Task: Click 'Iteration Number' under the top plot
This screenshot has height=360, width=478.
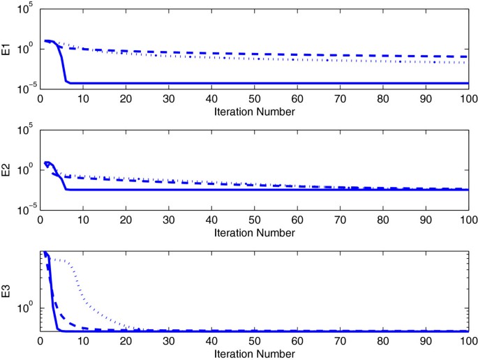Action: pos(254,112)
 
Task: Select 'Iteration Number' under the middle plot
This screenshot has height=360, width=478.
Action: pos(254,231)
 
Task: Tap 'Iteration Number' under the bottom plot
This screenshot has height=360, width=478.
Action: pos(254,354)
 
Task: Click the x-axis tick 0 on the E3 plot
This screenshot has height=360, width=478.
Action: pos(40,341)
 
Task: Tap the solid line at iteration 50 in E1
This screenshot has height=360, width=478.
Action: pos(255,83)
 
